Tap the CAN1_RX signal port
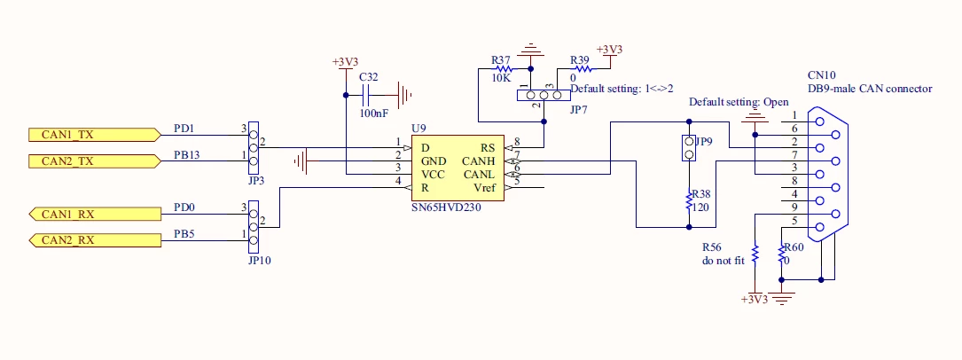pyautogui.click(x=95, y=214)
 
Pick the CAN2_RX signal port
pyautogui.click(x=95, y=239)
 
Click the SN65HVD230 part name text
pyautogui.click(x=446, y=207)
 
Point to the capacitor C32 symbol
pyautogui.click(x=369, y=95)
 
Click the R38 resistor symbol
pyautogui.click(x=689, y=202)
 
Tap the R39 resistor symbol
pyautogui.click(x=580, y=68)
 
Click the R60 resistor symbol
pyautogui.click(x=781, y=254)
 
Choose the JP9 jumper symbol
pyautogui.click(x=689, y=148)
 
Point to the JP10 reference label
pyautogui.click(x=260, y=261)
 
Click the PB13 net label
pyautogui.click(x=186, y=154)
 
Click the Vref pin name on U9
pyautogui.click(x=484, y=188)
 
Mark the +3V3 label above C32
pyautogui.click(x=345, y=62)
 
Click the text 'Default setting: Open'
pyautogui.click(x=739, y=102)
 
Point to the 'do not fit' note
pyautogui.click(x=723, y=260)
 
